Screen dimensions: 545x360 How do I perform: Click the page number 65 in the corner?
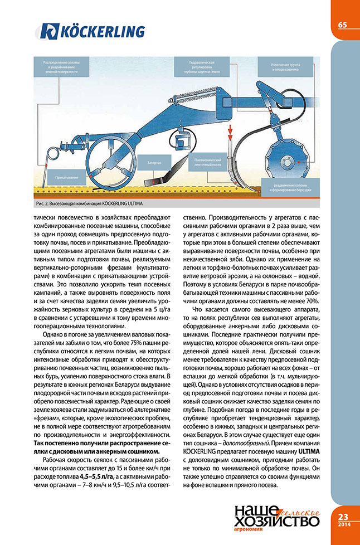(x=342, y=25)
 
